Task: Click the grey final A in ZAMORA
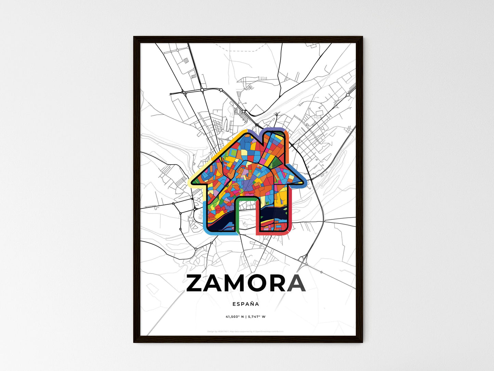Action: pos(296,283)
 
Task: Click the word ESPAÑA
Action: pos(245,304)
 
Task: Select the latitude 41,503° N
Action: pos(234,317)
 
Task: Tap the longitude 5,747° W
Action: pos(257,317)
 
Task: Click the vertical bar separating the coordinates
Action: pos(245,317)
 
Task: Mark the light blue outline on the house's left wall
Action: pos(205,216)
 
